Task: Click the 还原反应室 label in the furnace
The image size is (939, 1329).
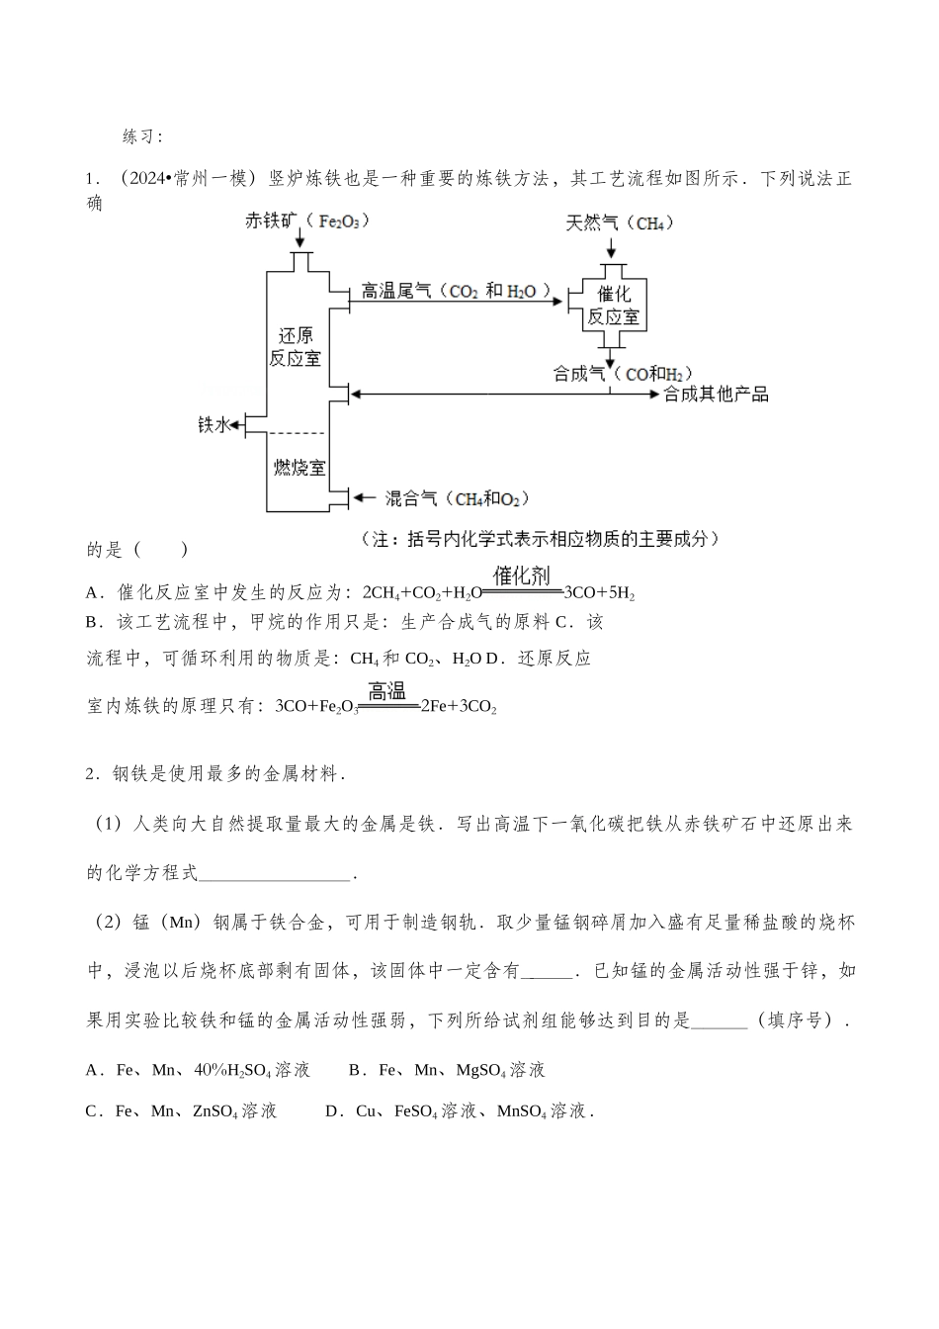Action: pyautogui.click(x=296, y=346)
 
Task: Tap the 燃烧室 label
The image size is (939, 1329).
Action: pyautogui.click(x=299, y=468)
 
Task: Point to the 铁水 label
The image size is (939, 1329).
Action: pyautogui.click(x=213, y=425)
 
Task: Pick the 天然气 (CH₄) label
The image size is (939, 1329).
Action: pyautogui.click(x=619, y=222)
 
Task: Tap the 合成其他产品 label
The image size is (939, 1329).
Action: pyautogui.click(x=716, y=395)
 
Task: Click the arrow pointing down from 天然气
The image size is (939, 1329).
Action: pyautogui.click(x=613, y=247)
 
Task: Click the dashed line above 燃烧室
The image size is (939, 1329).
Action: pyautogui.click(x=298, y=433)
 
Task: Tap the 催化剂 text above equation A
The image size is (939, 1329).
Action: pyautogui.click(x=522, y=576)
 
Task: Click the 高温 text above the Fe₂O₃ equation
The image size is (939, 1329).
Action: pyautogui.click(x=387, y=690)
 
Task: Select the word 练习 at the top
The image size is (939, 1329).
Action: pyautogui.click(x=141, y=135)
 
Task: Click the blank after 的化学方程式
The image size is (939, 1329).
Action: pyautogui.click(x=275, y=872)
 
